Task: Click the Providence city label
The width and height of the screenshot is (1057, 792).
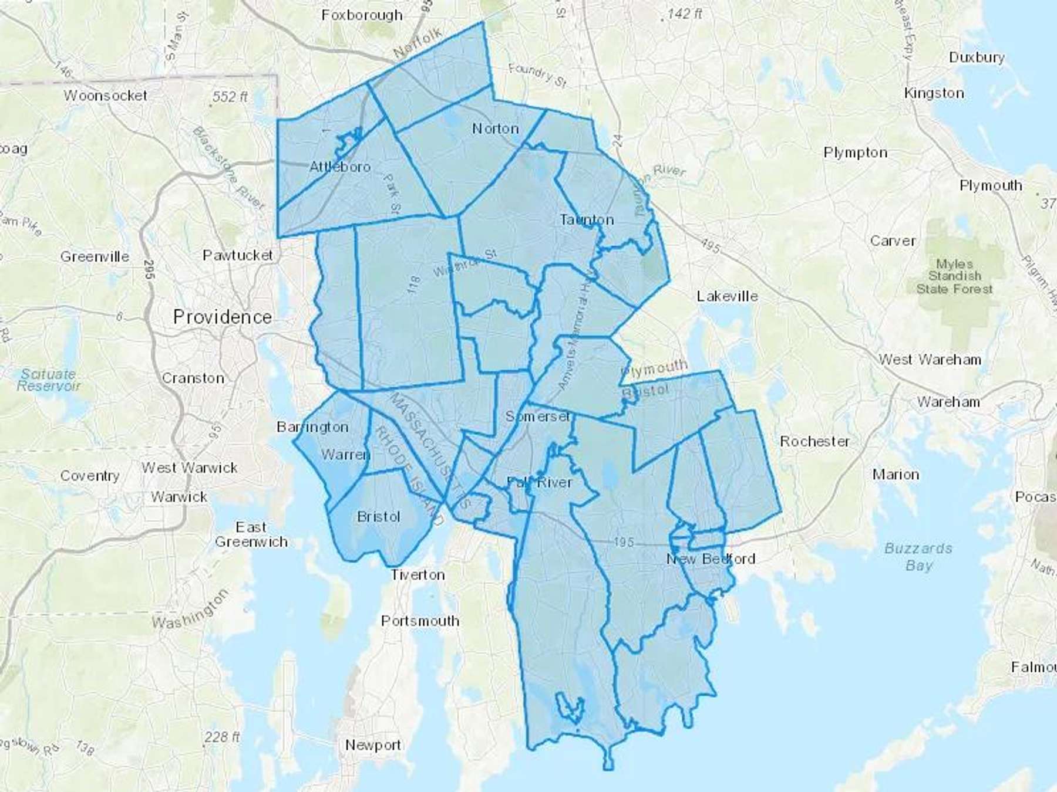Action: (223, 317)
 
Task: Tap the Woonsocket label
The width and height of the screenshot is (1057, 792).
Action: (106, 95)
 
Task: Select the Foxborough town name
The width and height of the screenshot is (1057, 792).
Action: (362, 15)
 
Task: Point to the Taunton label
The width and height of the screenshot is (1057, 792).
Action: (587, 220)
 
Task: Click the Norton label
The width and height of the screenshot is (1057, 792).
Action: (496, 128)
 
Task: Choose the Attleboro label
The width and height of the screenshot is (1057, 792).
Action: (340, 167)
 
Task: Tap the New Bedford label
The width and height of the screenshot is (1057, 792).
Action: (711, 559)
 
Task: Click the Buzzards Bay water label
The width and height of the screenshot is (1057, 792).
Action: (918, 557)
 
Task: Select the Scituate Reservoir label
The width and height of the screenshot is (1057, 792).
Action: (48, 380)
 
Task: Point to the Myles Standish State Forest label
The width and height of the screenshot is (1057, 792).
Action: (955, 276)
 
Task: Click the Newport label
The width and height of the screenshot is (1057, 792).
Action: (373, 745)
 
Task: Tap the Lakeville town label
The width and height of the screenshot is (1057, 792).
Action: (727, 296)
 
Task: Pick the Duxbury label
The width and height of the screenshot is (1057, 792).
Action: (977, 57)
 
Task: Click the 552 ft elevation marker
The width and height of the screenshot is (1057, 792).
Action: (230, 97)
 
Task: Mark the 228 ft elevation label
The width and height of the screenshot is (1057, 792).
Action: (222, 737)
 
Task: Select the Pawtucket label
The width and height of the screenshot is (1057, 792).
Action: (238, 255)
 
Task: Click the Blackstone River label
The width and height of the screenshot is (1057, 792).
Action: (228, 168)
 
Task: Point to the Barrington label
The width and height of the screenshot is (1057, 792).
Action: (312, 427)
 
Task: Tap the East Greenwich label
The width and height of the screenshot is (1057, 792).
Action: (251, 534)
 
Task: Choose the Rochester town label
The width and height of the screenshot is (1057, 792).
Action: (814, 442)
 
